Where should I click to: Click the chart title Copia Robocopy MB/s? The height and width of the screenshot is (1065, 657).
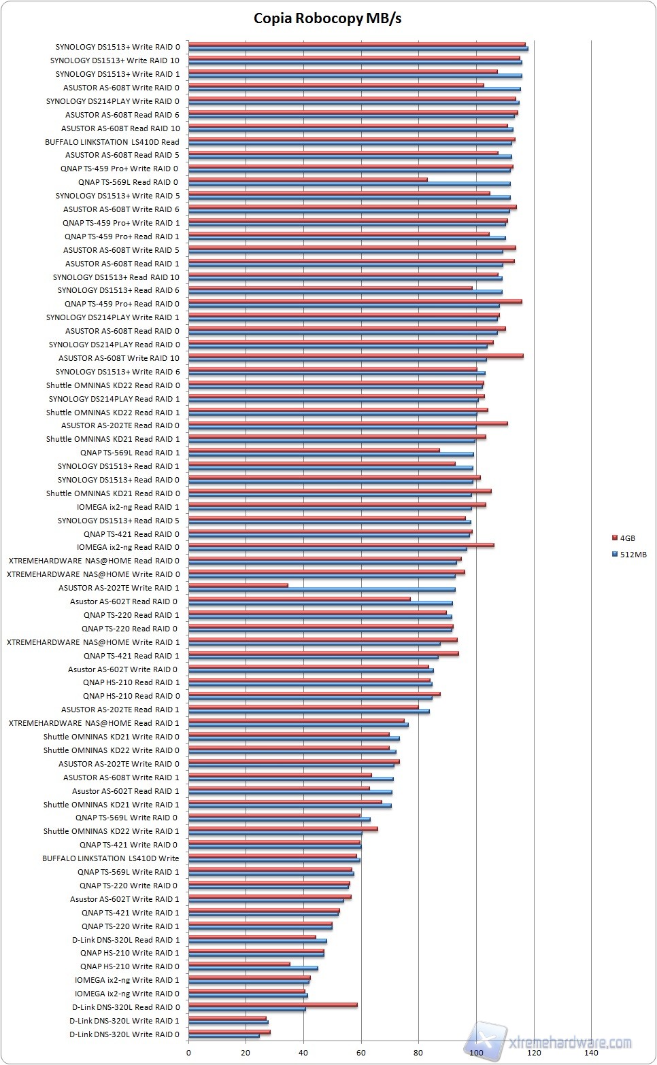[x=328, y=18]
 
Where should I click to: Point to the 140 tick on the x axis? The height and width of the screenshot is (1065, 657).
[x=591, y=1053]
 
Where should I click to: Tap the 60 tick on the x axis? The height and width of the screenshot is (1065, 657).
[x=361, y=1053]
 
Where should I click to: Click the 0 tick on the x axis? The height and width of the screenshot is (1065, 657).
[x=188, y=1053]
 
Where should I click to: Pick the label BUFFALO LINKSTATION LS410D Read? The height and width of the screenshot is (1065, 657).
[x=112, y=142]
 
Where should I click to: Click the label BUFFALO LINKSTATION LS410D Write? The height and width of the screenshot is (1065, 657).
[x=111, y=858]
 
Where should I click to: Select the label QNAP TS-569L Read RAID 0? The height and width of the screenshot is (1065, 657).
[x=128, y=182]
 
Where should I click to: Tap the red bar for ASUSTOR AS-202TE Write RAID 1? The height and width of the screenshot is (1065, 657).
[x=238, y=585]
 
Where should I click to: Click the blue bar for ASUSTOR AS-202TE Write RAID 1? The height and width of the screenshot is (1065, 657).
[x=322, y=589]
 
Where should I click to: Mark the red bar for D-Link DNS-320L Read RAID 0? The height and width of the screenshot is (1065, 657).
[x=273, y=1005]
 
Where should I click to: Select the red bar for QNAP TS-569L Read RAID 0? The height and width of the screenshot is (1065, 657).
[x=307, y=179]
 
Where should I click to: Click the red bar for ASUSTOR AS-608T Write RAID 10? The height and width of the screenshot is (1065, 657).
[x=356, y=355]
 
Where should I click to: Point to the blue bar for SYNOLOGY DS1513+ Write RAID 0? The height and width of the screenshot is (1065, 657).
[x=358, y=48]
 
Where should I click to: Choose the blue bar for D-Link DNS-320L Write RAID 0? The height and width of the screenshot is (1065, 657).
[x=224, y=1036]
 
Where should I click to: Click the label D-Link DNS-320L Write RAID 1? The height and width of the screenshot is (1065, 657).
[x=124, y=1021]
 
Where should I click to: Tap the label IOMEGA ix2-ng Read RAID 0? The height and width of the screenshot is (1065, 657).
[x=129, y=547]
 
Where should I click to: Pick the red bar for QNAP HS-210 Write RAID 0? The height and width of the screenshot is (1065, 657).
[x=239, y=964]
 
